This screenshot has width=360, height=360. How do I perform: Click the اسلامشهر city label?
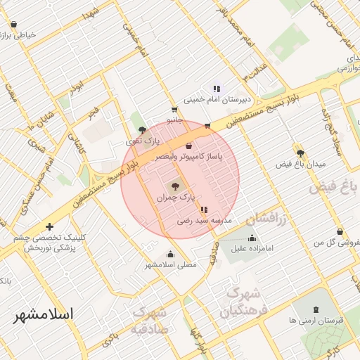coord(43,314)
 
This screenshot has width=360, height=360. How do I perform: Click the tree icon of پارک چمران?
coord(176,186)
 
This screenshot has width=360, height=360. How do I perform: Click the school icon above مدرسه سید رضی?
coord(204,210)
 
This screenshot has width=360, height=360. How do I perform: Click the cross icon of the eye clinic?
coord(49,227)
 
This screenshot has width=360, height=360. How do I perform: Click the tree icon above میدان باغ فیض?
coord(301,153)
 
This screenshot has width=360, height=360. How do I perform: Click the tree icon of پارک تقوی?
coord(143,130)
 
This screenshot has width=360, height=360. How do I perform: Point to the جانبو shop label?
coord(174,120)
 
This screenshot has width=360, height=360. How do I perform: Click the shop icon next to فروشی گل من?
coord(340,231)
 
